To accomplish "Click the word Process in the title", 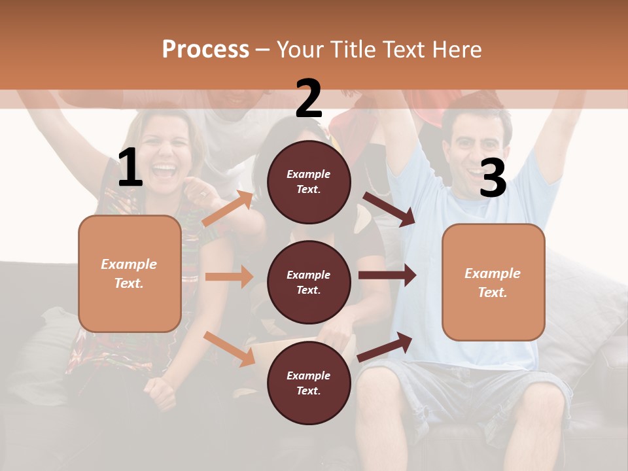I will (205, 49).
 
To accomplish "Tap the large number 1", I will (130, 168).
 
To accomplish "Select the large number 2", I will (309, 99).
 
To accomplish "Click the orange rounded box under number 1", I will (130, 273).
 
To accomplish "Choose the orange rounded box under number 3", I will (493, 282).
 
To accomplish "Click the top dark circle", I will (309, 181).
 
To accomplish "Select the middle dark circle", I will (309, 282).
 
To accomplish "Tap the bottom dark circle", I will (309, 383).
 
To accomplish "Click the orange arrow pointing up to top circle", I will (228, 209).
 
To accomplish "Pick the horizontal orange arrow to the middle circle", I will (229, 277).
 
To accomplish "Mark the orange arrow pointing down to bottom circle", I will (230, 349).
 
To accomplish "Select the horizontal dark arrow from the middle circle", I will (387, 275).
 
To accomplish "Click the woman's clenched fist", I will (160, 391).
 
